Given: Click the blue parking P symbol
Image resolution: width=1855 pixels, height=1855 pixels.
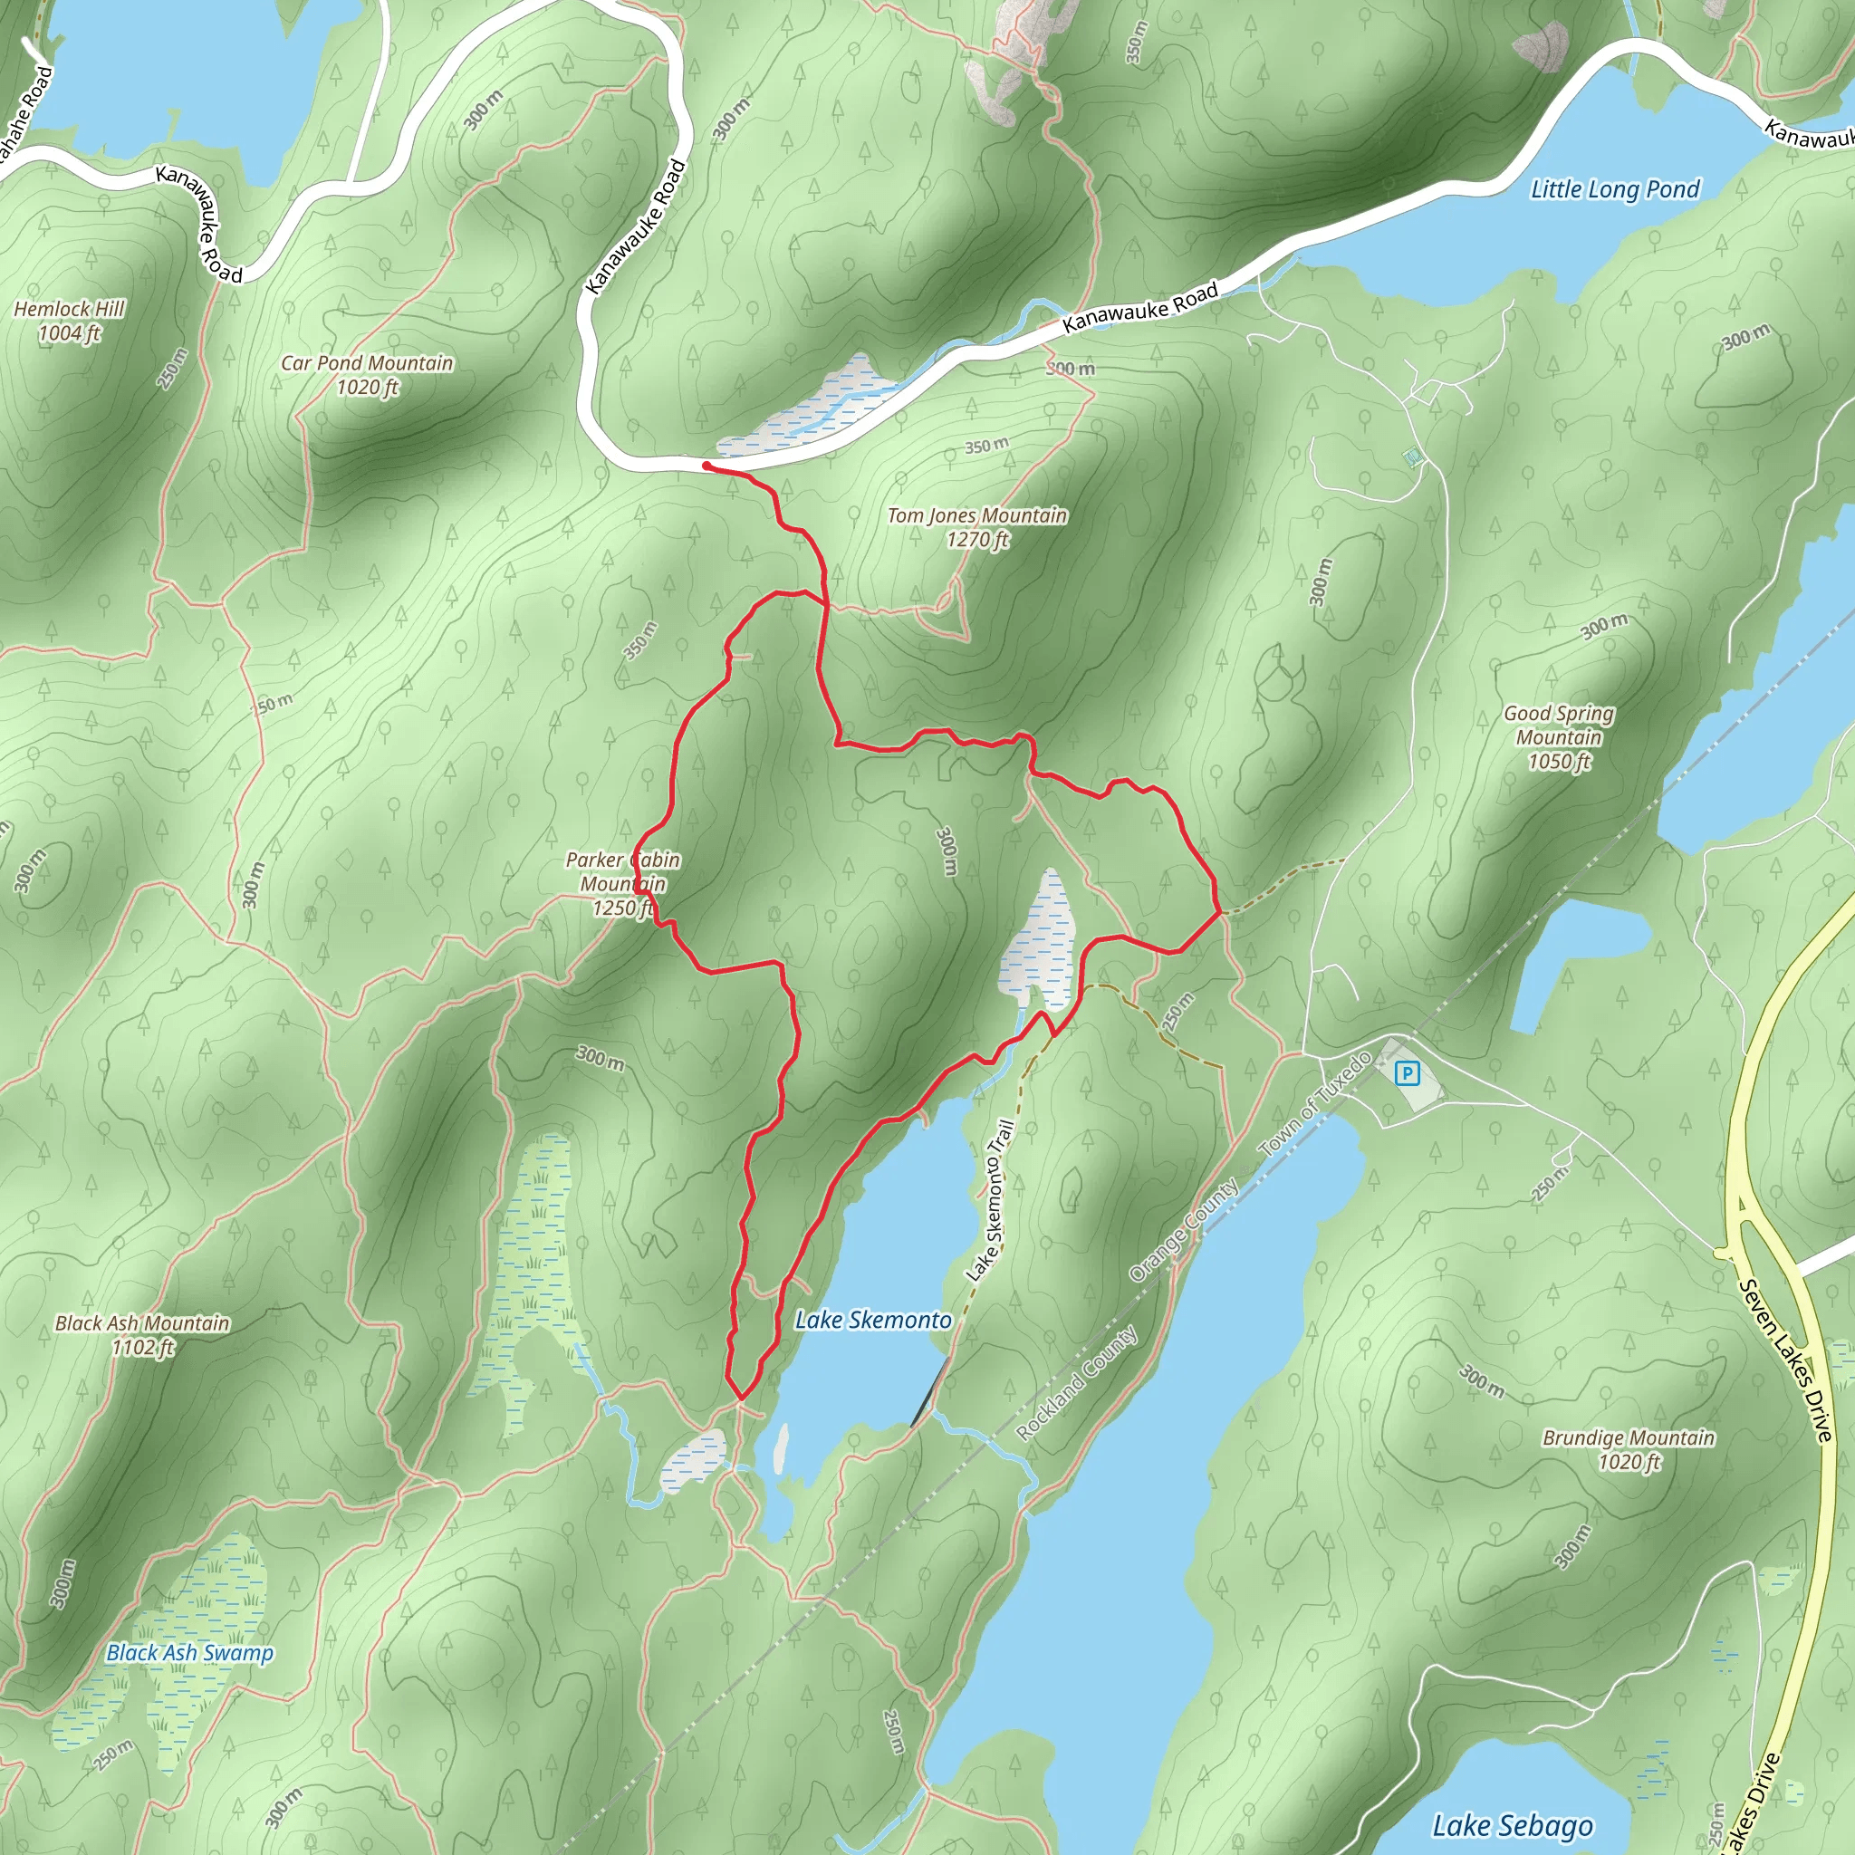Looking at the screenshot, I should click(x=1407, y=1073).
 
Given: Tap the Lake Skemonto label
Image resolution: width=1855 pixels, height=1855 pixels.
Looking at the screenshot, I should click(x=873, y=1321).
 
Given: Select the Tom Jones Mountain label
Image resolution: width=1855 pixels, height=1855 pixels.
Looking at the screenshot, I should click(x=976, y=515).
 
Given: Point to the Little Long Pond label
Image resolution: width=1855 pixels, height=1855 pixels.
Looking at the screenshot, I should click(x=1615, y=189).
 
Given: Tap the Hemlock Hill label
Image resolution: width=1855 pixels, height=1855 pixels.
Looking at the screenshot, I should click(x=69, y=309).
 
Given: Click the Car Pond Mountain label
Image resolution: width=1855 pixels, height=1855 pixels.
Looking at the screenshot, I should click(x=367, y=363).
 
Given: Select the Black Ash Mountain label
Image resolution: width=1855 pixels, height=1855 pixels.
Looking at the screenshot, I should click(x=142, y=1323).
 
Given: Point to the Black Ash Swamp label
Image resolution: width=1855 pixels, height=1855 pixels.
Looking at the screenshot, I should click(x=190, y=1652).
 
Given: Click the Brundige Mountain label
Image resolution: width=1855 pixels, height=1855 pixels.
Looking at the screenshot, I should click(x=1629, y=1437).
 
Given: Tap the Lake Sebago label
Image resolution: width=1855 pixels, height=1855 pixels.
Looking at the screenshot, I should click(x=1513, y=1825).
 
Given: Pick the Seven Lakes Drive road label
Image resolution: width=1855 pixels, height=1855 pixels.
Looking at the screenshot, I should click(x=1787, y=1360).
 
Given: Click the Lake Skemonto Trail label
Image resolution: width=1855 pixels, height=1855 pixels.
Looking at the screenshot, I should click(x=991, y=1200).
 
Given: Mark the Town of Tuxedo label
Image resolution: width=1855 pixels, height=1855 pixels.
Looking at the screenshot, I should click(x=1315, y=1104).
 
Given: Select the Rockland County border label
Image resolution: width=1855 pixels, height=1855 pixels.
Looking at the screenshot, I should click(x=1077, y=1382).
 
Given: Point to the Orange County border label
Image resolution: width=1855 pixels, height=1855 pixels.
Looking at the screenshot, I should click(x=1185, y=1231).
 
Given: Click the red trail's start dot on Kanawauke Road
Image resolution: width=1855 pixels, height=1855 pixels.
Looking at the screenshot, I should click(x=706, y=466).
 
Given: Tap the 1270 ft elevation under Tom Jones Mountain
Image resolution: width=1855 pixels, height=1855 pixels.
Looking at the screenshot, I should click(x=977, y=540).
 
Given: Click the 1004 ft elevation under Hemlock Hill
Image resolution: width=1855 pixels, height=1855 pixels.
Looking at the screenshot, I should click(x=69, y=333).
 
